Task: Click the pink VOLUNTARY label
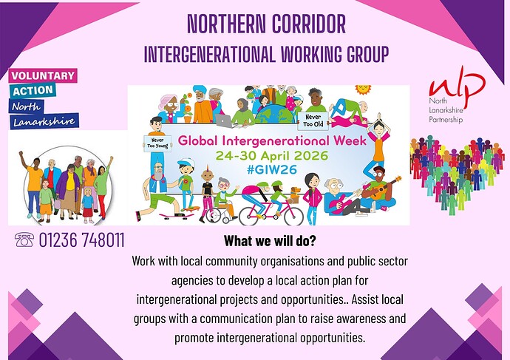[42, 75]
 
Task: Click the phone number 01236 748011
[81, 240]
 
